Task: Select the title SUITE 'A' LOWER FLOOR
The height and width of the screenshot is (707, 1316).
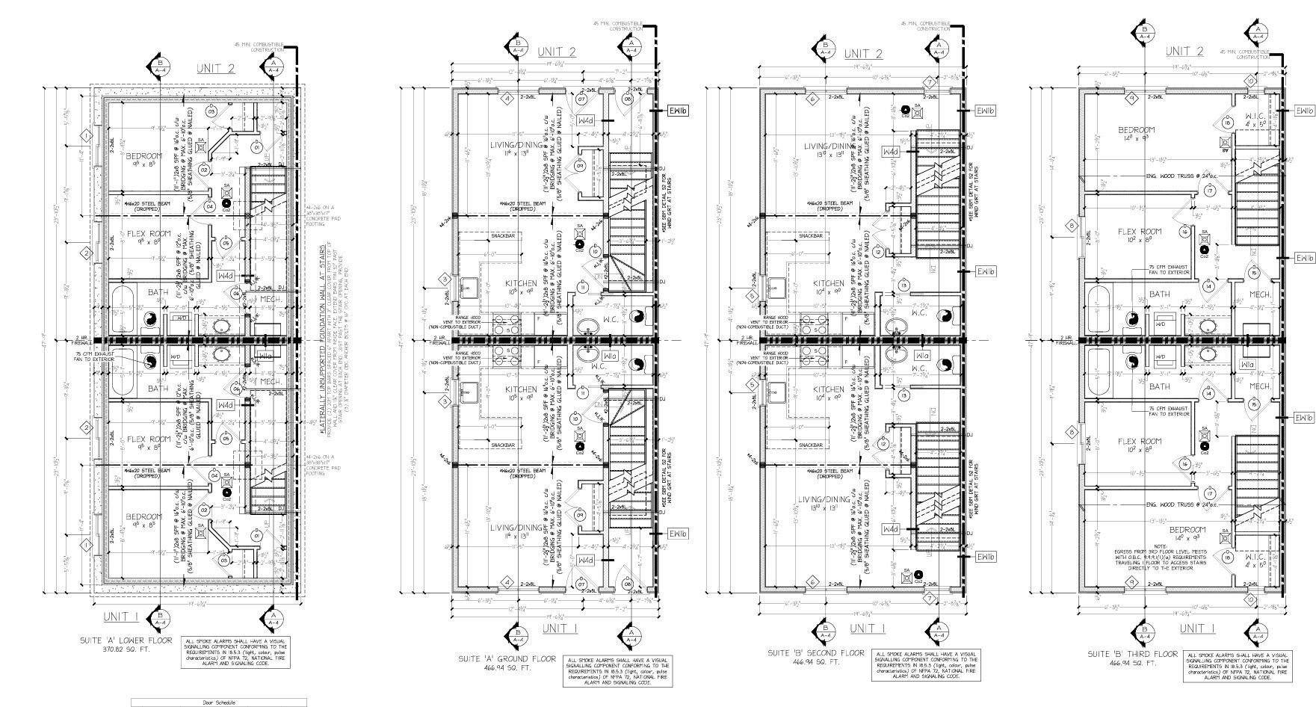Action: (x=127, y=640)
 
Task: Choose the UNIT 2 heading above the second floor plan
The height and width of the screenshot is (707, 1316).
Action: (x=863, y=54)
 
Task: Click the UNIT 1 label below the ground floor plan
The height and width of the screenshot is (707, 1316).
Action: (x=560, y=628)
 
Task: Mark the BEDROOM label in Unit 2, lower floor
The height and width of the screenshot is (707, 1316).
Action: (x=144, y=156)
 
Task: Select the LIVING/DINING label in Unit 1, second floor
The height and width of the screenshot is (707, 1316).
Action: (x=824, y=500)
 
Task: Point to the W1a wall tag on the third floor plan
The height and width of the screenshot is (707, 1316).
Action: (x=1247, y=364)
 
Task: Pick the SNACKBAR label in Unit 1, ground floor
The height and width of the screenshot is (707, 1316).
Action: (x=502, y=445)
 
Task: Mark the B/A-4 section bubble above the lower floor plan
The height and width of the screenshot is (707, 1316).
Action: (x=158, y=66)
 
